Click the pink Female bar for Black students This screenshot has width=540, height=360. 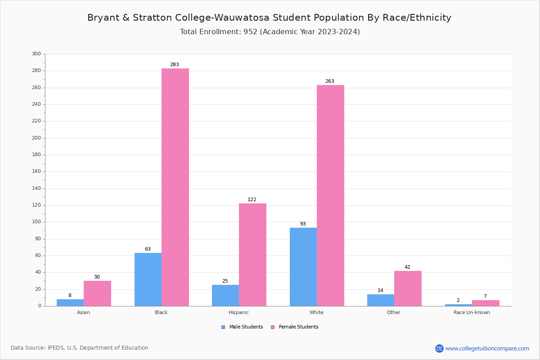point(175,187)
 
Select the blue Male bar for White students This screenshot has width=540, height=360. point(303,267)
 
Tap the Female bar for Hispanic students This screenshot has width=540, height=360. point(252,255)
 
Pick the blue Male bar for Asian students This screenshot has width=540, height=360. point(70,302)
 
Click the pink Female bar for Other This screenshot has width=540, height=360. point(408,288)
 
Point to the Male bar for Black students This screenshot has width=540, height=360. point(148,279)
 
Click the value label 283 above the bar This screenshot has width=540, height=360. point(175,65)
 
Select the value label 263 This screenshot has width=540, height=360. point(330,81)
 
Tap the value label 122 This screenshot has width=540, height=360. point(252,200)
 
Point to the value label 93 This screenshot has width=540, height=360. point(303,224)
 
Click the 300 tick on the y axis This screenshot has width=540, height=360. point(36,54)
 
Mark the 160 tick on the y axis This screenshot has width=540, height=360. point(36,171)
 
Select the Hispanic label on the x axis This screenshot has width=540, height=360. point(238,312)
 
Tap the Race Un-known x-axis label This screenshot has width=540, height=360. point(472,312)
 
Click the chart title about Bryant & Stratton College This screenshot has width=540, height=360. point(269,18)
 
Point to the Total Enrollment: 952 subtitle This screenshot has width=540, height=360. point(270,32)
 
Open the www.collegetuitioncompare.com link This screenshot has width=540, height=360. point(487,348)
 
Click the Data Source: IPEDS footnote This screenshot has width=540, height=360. point(80,348)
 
